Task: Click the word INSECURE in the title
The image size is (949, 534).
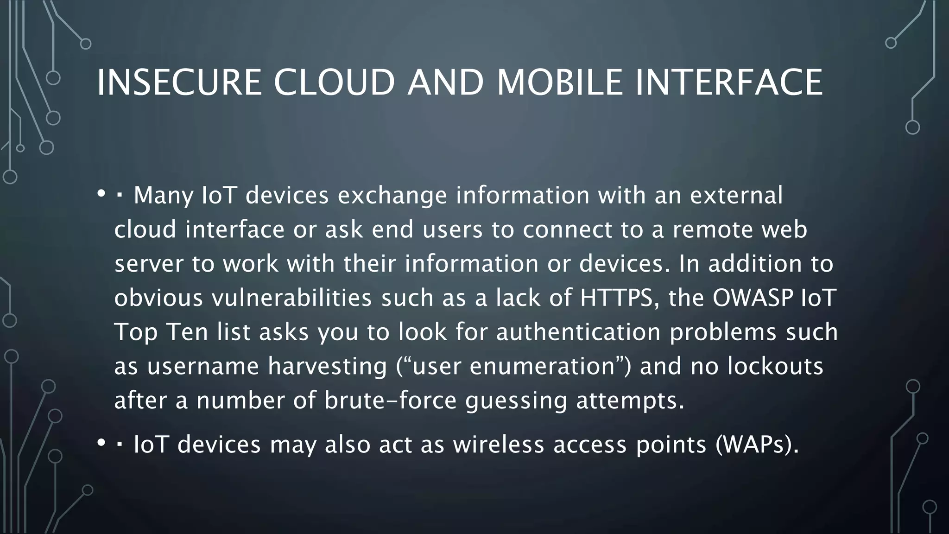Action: (x=179, y=83)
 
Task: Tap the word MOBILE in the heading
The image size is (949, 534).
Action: (x=560, y=83)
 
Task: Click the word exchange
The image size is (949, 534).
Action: (x=392, y=196)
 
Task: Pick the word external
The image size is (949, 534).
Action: (x=736, y=195)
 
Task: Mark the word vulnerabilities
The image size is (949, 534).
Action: (x=291, y=298)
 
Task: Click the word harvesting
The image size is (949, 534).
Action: (x=327, y=367)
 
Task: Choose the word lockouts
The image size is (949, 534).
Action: (x=775, y=366)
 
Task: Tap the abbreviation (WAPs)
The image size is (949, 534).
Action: (x=757, y=445)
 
